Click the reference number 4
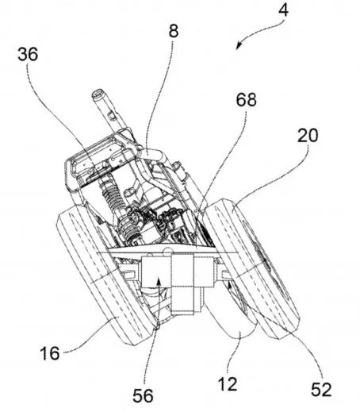[x=283, y=10]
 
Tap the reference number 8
[x=174, y=31]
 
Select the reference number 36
[x=28, y=55]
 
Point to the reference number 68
[x=246, y=100]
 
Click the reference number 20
[x=308, y=135]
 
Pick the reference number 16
[x=50, y=352]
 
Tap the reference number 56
[x=143, y=396]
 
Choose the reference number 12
[x=228, y=384]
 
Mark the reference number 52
[x=321, y=389]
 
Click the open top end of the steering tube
[x=98, y=93]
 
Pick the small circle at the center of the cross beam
[x=167, y=250]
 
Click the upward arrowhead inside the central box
[x=159, y=280]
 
